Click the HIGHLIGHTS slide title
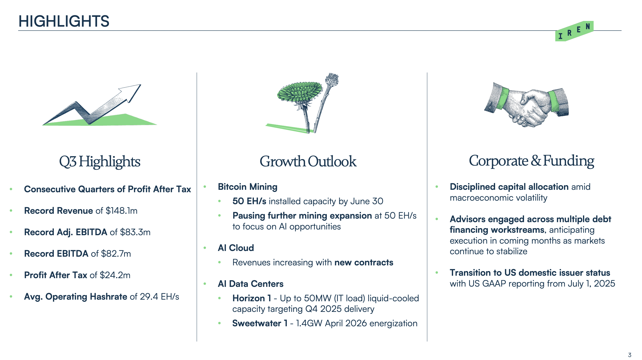click(64, 21)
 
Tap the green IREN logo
click(574, 31)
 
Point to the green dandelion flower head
click(300, 92)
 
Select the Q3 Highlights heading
click(100, 162)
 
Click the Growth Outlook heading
click(308, 161)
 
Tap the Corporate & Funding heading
click(531, 161)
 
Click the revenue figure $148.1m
click(121, 211)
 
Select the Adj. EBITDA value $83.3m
click(135, 232)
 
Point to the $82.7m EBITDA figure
click(116, 254)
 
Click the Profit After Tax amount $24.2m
click(115, 275)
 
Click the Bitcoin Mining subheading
click(248, 187)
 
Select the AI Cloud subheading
click(236, 248)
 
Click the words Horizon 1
click(252, 298)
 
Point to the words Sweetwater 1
click(260, 323)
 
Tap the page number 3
click(629, 355)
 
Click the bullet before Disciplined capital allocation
click(437, 187)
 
